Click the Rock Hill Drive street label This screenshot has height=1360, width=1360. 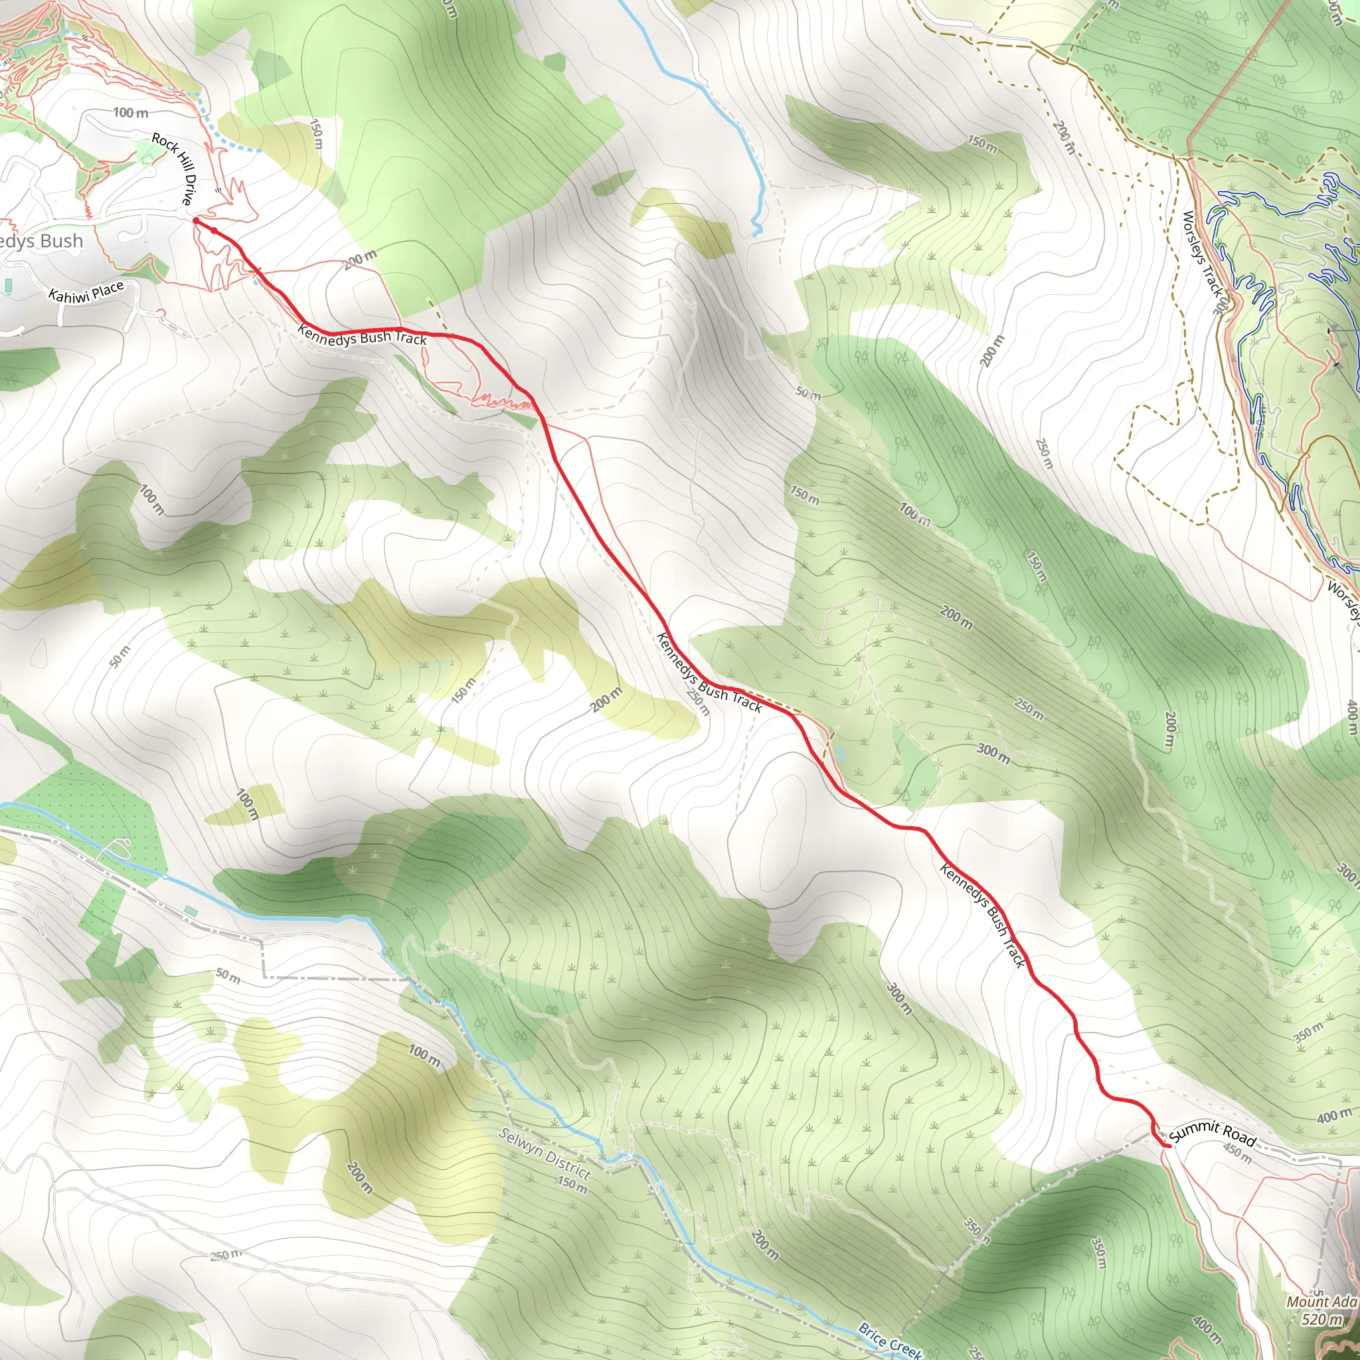(173, 169)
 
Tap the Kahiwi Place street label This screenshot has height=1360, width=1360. (86, 292)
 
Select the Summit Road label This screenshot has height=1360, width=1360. (1212, 1133)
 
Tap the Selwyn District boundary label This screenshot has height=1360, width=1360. (544, 1153)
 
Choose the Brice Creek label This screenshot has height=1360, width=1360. (890, 1339)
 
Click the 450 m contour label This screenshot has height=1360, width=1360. (1236, 1153)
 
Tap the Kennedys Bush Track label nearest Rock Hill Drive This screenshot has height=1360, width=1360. (363, 336)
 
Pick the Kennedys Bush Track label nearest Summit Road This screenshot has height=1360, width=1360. (983, 915)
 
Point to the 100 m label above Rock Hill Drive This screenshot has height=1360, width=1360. (130, 113)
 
